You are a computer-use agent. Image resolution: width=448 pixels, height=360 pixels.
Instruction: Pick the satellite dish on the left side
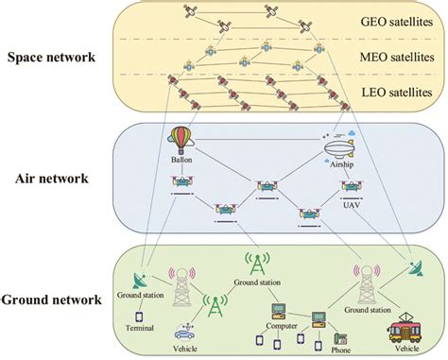(x=143, y=280)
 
